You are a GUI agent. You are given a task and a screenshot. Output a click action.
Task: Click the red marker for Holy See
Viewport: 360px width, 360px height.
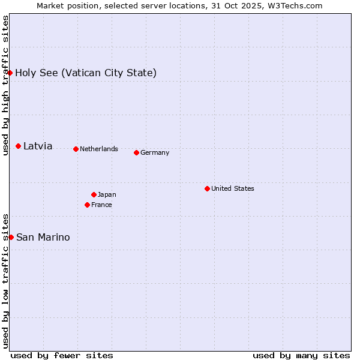pos(10,73)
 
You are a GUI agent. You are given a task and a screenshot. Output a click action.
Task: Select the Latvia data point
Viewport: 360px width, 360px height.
pos(19,146)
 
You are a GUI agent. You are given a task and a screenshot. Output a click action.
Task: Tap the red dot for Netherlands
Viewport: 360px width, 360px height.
pos(76,149)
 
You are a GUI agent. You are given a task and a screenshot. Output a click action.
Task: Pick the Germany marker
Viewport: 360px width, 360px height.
pos(136,152)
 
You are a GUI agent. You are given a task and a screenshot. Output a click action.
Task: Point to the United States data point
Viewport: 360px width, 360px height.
pos(207,188)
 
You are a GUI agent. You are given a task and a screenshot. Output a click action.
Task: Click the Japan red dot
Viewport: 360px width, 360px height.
pos(94,194)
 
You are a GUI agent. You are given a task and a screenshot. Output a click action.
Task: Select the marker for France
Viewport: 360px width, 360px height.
pos(88,205)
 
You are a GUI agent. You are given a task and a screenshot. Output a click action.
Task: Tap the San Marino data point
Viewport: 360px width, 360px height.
pos(11,237)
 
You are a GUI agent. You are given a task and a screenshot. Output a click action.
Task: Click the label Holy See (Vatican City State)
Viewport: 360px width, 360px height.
pos(86,73)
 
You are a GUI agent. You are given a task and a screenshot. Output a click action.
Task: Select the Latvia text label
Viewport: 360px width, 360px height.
pos(38,146)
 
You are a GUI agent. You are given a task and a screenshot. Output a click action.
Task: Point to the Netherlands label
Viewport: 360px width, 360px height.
pos(99,149)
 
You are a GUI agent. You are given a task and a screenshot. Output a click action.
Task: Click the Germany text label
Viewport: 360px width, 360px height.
pos(155,152)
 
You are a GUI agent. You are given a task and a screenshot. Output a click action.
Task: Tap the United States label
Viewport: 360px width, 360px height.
pos(233,188)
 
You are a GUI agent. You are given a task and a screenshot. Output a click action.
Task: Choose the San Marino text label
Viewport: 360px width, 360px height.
pos(43,237)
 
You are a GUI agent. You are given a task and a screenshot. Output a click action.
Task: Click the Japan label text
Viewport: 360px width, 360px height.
pos(107,194)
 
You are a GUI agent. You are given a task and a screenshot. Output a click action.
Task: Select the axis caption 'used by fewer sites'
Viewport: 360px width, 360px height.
pos(62,355)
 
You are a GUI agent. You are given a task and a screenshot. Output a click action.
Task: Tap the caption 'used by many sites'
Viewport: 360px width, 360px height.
pos(301,355)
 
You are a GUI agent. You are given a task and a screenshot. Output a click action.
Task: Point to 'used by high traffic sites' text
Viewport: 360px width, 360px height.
pos(6,85)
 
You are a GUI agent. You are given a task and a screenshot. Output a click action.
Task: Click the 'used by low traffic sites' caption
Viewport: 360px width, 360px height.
pos(6,281)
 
